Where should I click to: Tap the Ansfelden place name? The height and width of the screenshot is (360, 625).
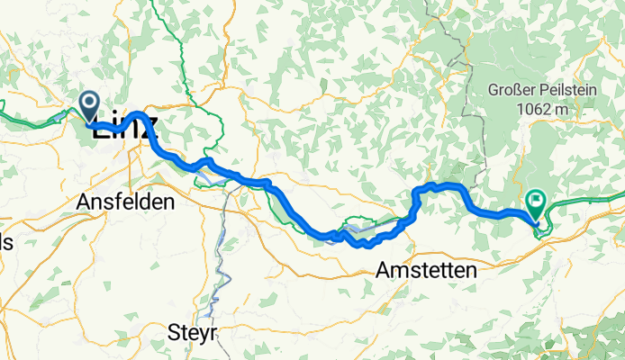125,202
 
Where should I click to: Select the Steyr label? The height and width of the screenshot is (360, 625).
193,333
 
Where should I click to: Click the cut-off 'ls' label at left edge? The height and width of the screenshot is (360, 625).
5,242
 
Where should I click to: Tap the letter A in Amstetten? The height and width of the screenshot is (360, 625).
383,269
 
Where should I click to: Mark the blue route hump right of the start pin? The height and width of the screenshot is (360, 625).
137,115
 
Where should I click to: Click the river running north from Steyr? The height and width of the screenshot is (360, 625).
219,270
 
